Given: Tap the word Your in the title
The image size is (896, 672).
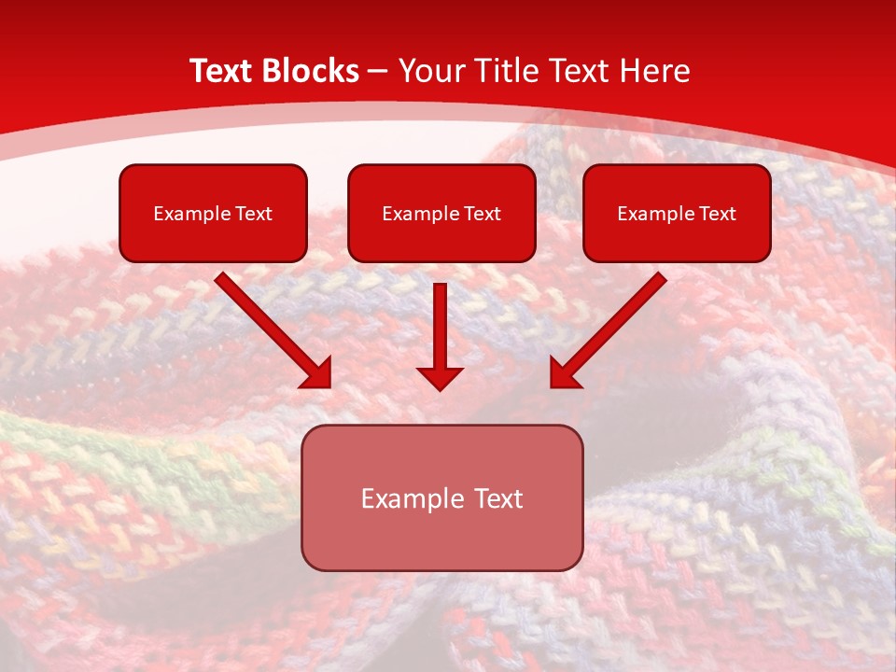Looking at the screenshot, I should click(x=433, y=71).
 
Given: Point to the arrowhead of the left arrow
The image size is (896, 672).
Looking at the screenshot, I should click(x=317, y=373).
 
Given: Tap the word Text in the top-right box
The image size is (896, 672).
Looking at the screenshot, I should click(x=718, y=214).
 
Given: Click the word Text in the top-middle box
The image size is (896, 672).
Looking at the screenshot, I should click(x=483, y=214).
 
